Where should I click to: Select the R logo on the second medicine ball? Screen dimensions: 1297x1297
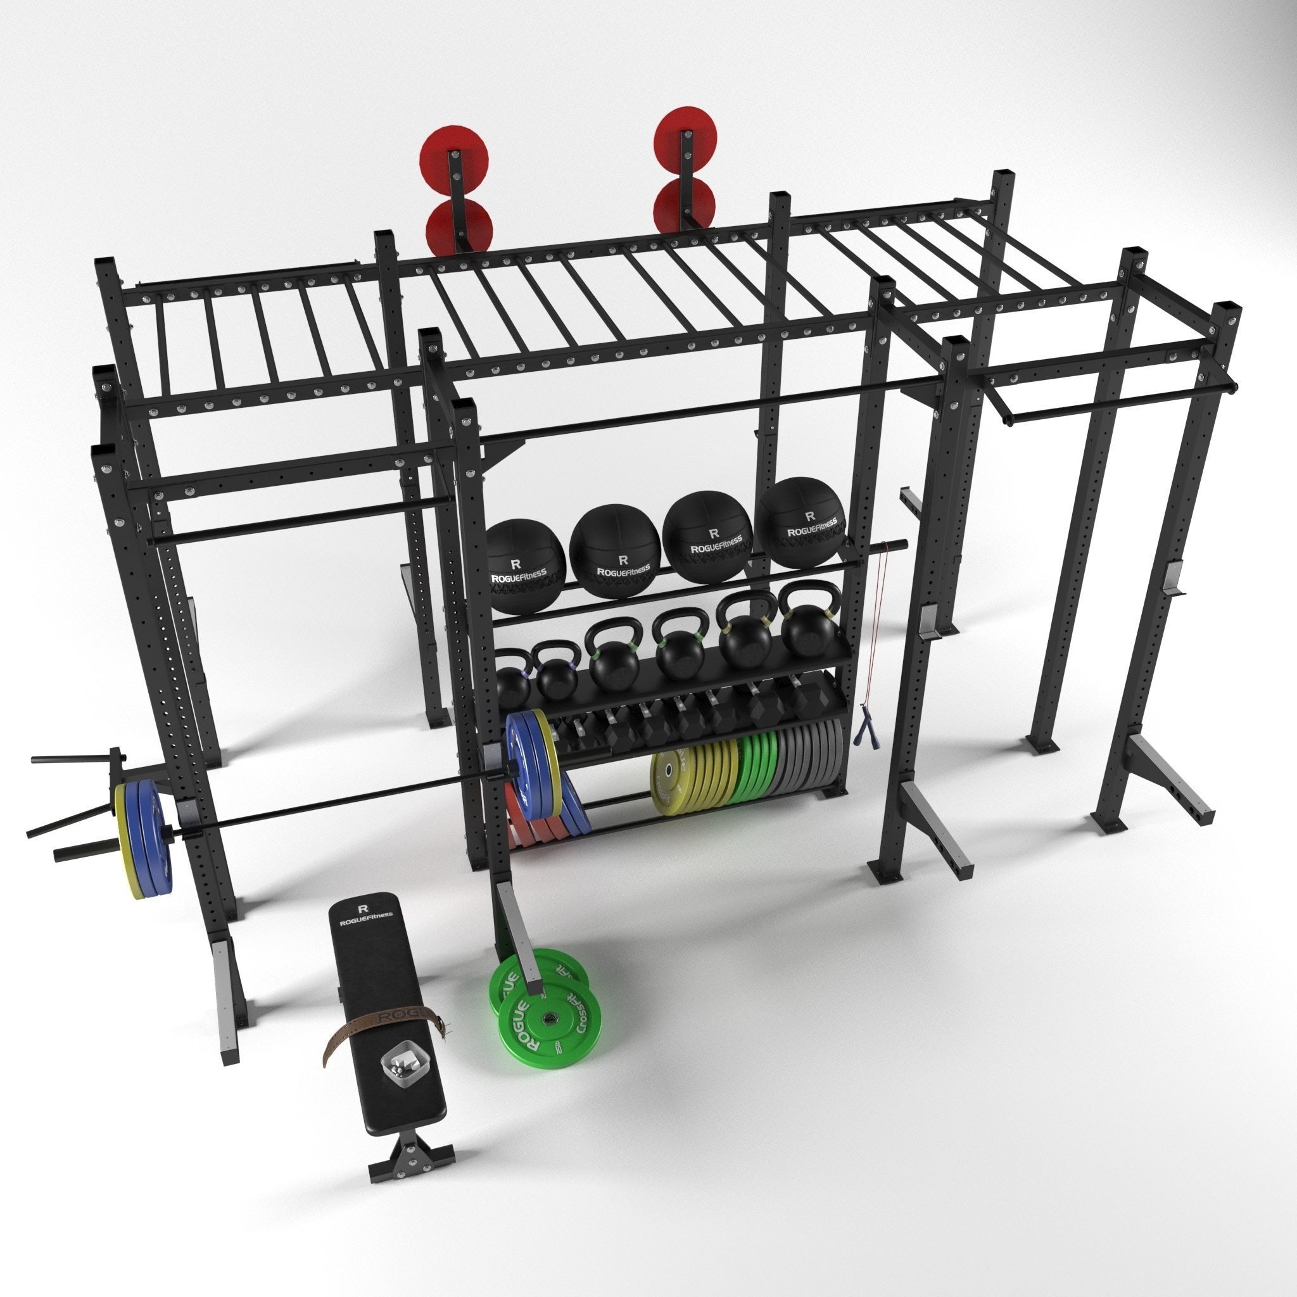click(x=623, y=558)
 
